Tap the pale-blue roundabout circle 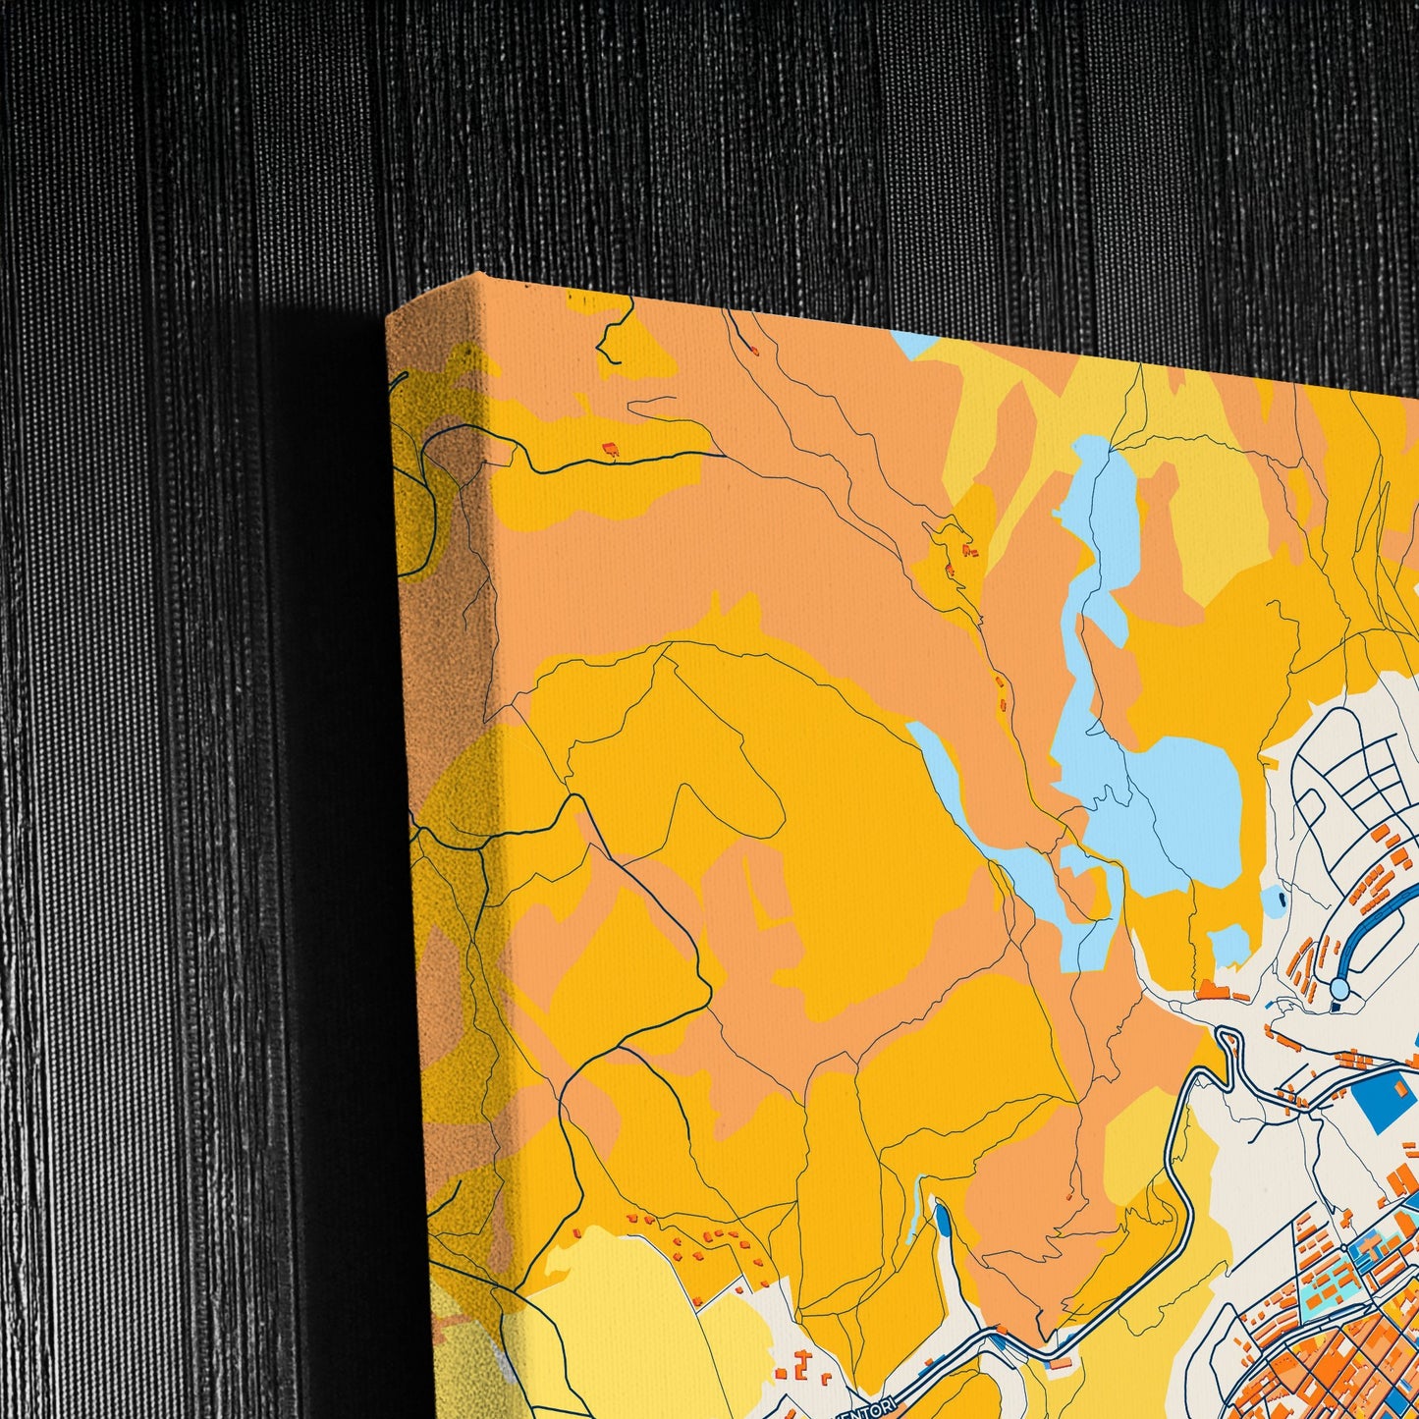point(1338,985)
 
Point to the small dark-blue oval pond point(943,1222)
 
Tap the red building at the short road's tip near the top point(755,349)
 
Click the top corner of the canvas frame point(478,276)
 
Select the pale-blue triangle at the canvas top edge point(914,345)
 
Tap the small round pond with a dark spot point(1275,898)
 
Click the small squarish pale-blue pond point(1228,945)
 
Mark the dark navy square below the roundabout point(1337,1005)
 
